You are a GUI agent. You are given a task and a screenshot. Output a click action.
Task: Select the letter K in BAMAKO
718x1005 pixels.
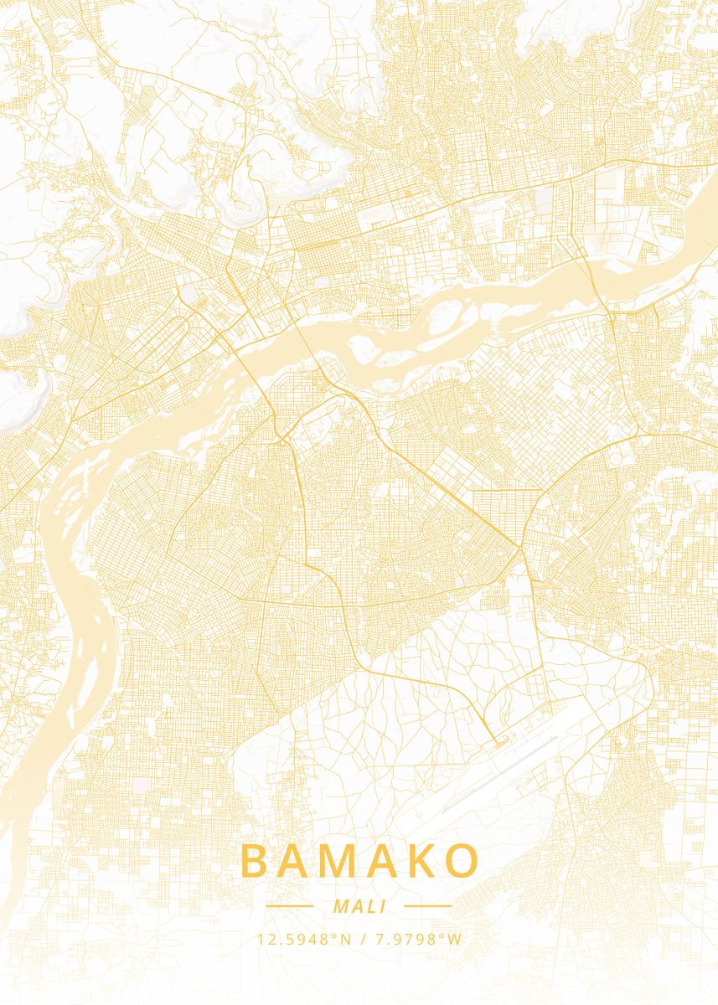pyautogui.click(x=422, y=862)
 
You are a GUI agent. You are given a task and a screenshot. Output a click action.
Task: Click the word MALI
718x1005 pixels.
pyautogui.click(x=359, y=906)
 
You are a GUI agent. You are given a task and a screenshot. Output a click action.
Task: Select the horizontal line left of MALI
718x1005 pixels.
pyautogui.click(x=289, y=905)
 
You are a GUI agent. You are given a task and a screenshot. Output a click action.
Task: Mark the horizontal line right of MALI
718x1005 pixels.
pyautogui.click(x=427, y=905)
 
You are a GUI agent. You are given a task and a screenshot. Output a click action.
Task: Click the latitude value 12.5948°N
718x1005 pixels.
pyautogui.click(x=303, y=940)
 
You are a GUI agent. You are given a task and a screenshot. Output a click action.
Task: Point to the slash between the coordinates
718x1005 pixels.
pyautogui.click(x=360, y=940)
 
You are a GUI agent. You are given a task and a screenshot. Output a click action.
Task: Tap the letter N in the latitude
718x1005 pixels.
pyautogui.click(x=345, y=940)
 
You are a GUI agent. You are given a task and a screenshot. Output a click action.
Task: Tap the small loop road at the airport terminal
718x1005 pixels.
pyautogui.click(x=500, y=741)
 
